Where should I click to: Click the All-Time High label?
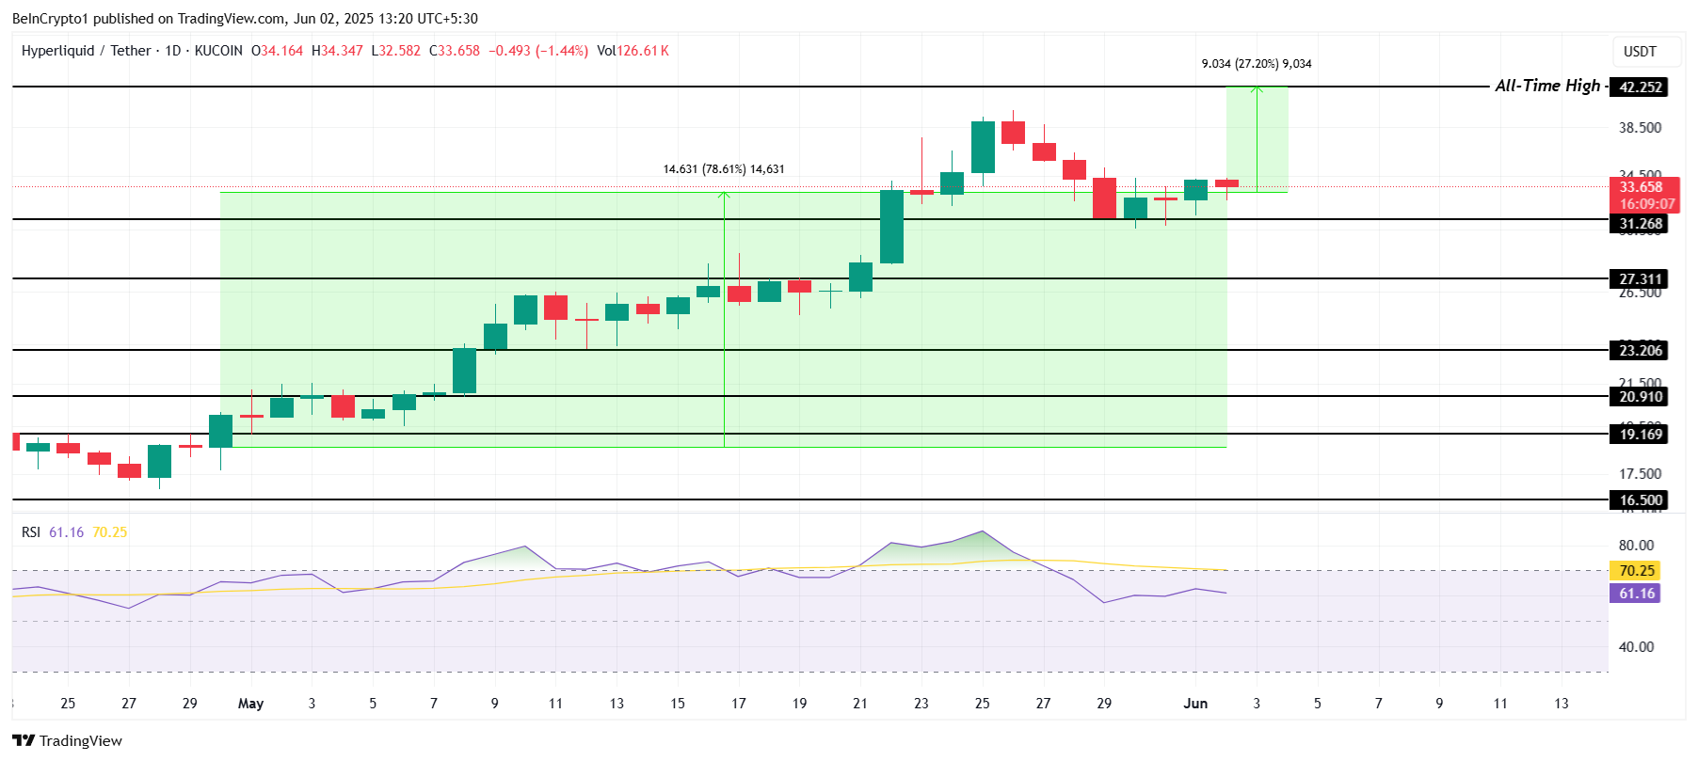pos(1546,86)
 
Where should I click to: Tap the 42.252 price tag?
pos(1640,87)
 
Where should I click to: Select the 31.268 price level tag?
pos(1640,224)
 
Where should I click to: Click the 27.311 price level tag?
pos(1640,279)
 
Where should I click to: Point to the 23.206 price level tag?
pos(1640,351)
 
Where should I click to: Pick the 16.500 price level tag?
pos(1640,500)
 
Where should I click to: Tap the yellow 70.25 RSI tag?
pos(1636,571)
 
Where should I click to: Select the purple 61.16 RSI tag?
pos(1636,594)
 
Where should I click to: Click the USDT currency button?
pos(1639,52)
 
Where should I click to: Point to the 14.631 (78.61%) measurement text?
pos(723,169)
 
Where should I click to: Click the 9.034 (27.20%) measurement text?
pos(1256,64)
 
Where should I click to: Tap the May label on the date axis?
pos(250,704)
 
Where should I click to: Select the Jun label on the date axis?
pos(1195,704)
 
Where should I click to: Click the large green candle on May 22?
pos(891,227)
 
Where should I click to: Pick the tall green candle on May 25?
pos(983,147)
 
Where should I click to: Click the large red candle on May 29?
pos(1104,198)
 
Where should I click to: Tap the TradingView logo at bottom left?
pos(68,741)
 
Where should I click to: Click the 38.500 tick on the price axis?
pos(1640,128)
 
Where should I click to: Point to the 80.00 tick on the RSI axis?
pos(1636,546)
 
